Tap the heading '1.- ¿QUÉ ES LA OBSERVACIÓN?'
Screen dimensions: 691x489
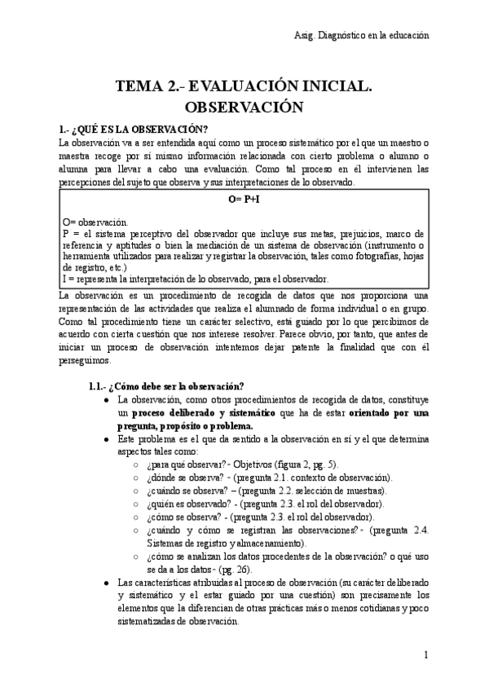coord(134,129)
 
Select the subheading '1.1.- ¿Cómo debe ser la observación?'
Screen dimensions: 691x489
coord(167,385)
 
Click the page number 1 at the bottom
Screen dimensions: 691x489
coord(425,655)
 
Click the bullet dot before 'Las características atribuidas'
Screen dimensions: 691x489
coord(106,583)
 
